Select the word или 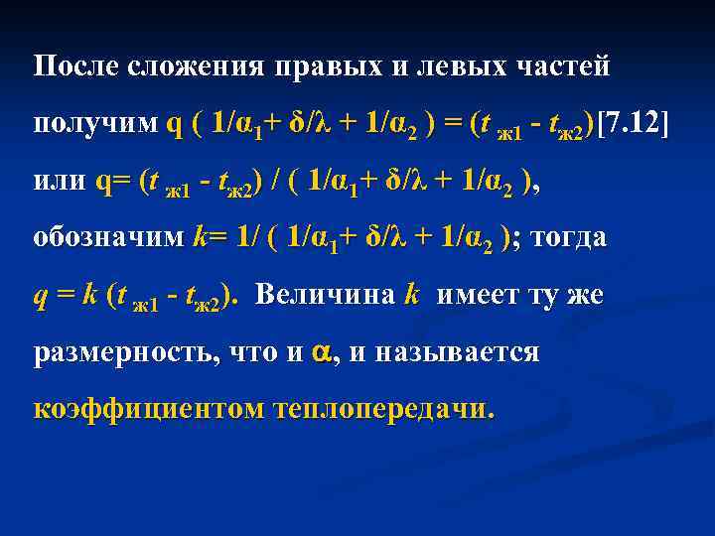(60, 182)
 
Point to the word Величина (326, 296)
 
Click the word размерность (120, 353)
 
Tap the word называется (444, 352)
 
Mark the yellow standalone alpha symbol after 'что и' (321, 352)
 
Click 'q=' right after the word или (113, 183)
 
